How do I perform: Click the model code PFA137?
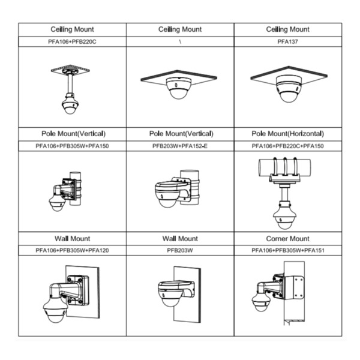click(x=288, y=42)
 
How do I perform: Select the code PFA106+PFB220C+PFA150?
click(x=288, y=146)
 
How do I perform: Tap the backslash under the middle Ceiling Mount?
click(x=180, y=42)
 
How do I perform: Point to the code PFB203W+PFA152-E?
click(x=180, y=146)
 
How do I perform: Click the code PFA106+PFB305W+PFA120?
click(x=72, y=250)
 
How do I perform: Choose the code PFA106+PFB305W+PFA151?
click(x=288, y=250)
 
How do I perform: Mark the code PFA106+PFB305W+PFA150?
click(x=72, y=146)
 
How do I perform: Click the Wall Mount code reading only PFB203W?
click(x=180, y=250)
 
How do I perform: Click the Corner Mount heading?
click(x=288, y=238)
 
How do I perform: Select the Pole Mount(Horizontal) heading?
click(x=288, y=134)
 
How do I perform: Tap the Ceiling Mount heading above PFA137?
click(x=288, y=29)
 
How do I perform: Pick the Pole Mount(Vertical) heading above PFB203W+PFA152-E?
click(x=180, y=134)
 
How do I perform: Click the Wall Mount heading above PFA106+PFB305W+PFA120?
click(x=72, y=238)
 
